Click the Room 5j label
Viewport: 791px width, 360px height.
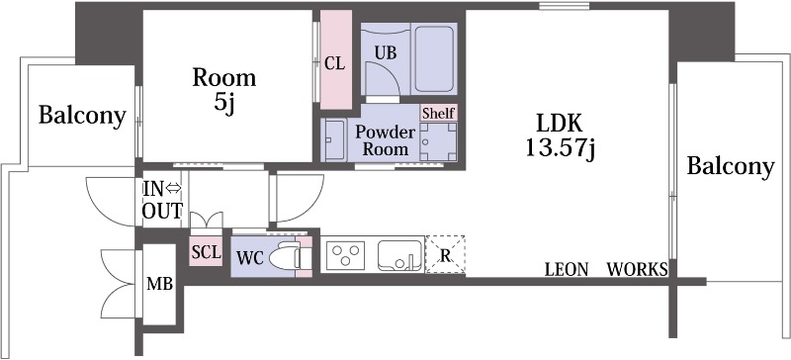click(224, 90)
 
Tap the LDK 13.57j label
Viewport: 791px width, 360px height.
click(560, 135)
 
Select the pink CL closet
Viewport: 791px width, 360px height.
click(336, 59)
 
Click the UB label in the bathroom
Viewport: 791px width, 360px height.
click(385, 52)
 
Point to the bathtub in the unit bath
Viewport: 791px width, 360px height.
click(434, 58)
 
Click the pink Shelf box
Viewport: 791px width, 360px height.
click(438, 113)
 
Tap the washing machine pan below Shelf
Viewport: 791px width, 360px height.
click(438, 141)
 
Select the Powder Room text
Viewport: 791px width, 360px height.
click(386, 140)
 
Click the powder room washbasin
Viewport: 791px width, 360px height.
click(334, 140)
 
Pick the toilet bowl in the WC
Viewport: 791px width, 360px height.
click(285, 257)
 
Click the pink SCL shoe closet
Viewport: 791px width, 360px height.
click(206, 251)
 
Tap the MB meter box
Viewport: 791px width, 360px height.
click(159, 284)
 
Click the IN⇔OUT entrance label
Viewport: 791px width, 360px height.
click(162, 200)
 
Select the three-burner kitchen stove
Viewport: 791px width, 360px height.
click(345, 255)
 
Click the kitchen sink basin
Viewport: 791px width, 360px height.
click(400, 256)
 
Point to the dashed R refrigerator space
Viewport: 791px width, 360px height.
click(446, 255)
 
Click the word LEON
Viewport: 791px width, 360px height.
click(567, 270)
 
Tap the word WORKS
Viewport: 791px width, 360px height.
click(638, 270)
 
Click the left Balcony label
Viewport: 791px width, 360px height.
click(82, 116)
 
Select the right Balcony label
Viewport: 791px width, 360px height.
click(731, 166)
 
